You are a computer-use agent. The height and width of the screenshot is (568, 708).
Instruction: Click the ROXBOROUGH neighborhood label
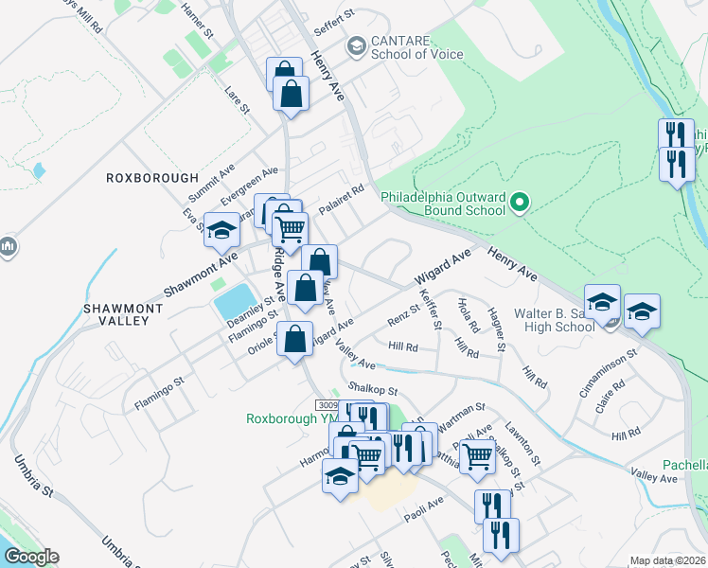152,177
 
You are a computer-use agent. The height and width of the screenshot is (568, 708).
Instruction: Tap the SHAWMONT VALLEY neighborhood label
116,314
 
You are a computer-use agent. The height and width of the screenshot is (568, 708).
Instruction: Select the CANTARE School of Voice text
417,47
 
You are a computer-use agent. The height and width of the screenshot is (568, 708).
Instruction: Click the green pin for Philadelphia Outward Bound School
519,203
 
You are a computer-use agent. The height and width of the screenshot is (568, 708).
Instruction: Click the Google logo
30,557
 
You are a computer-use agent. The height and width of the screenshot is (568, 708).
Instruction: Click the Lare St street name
237,99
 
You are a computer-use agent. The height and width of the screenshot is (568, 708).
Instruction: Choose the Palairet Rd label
342,199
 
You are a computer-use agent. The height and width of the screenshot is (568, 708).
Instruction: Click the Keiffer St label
430,311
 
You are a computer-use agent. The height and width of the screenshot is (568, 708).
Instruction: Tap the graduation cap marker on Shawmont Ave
221,230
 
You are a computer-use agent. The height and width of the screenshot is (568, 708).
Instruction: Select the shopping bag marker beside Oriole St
295,339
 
